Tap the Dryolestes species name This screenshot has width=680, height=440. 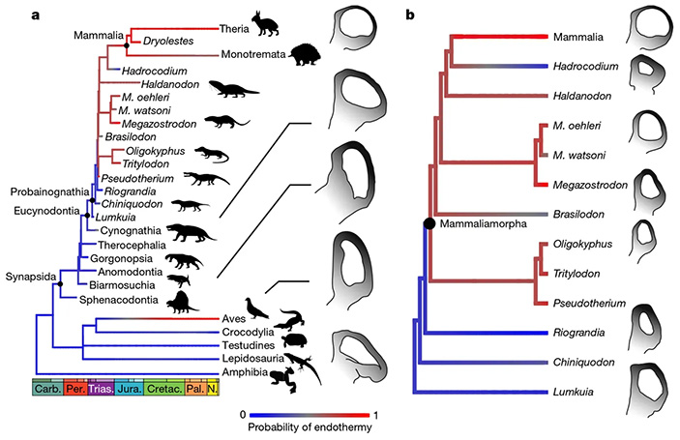point(168,43)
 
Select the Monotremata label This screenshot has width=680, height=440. point(253,56)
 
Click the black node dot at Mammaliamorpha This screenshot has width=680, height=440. point(427,224)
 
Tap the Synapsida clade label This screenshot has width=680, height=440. point(29,276)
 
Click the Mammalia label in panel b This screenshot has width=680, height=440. point(584,37)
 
